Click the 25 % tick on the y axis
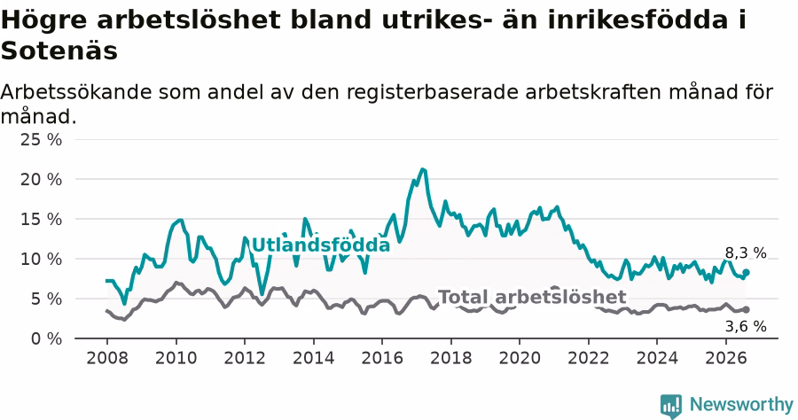click(41, 139)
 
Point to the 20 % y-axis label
click(41, 180)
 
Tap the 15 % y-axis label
click(41, 219)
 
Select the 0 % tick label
click(47, 338)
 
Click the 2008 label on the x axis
click(107, 358)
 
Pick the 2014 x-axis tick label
click(314, 358)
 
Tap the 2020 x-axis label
click(520, 358)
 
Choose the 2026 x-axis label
click(725, 358)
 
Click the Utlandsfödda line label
click(321, 245)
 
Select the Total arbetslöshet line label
click(532, 297)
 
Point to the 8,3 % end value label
click(746, 253)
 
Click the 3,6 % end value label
click(746, 326)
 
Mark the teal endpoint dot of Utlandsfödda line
click(747, 273)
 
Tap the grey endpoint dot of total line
click(747, 309)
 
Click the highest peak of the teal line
click(422, 169)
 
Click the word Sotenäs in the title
click(59, 51)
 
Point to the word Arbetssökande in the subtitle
click(76, 92)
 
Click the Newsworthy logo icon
click(671, 406)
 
